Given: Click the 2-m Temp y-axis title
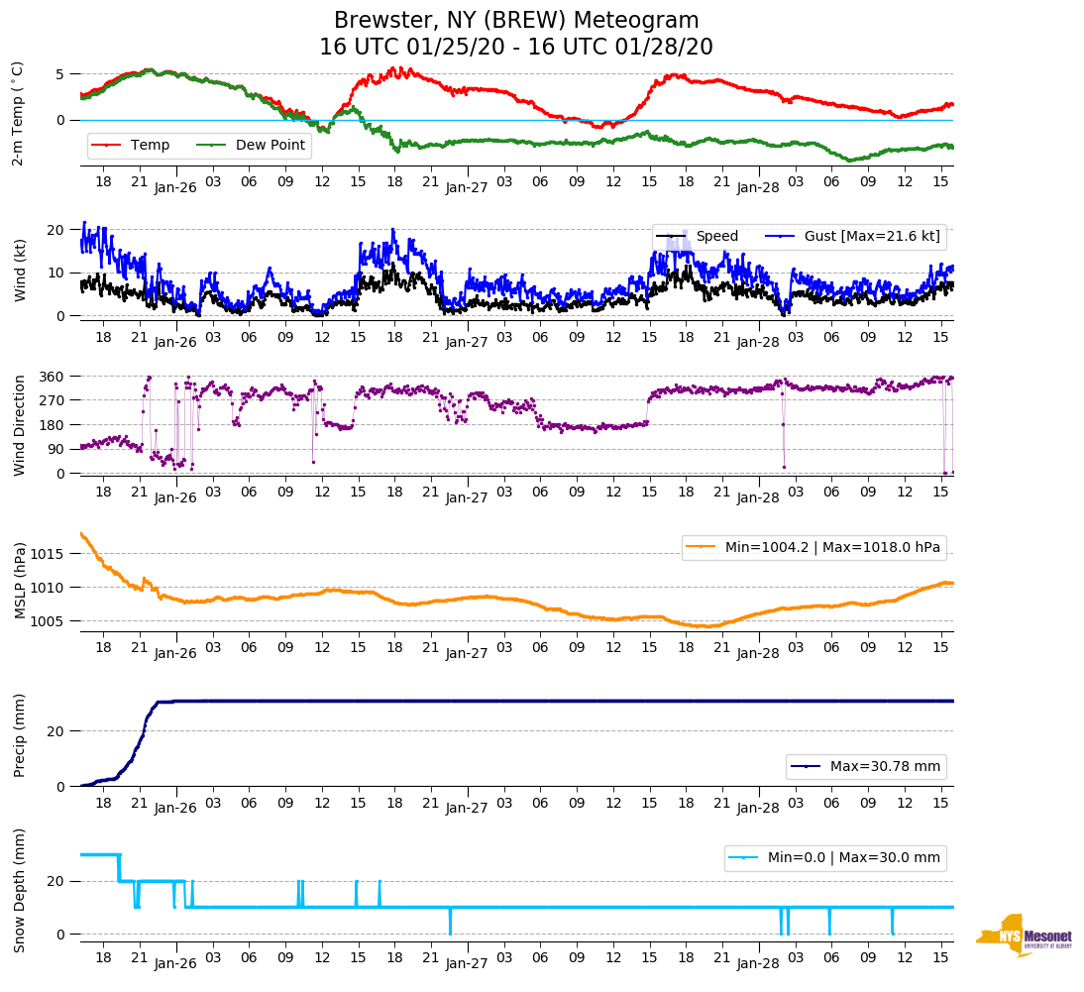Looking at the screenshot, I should pos(17,114).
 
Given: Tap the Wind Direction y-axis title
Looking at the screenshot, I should pos(19,425).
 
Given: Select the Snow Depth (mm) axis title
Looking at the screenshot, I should pos(19,890).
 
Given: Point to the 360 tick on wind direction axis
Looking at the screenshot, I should pos(53,377).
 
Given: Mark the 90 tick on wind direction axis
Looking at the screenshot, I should pos(56,449).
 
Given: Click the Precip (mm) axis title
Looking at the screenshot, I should pos(19,735).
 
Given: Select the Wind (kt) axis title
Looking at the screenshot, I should pos(19,270).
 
